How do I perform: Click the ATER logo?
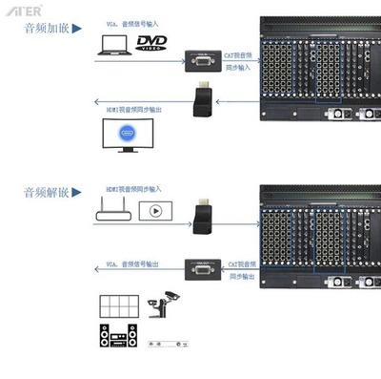pos(20,10)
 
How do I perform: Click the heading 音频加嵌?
pos(45,28)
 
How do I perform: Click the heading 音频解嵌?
pos(45,192)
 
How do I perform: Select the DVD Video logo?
pos(156,43)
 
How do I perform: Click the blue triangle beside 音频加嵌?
pos(76,29)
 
